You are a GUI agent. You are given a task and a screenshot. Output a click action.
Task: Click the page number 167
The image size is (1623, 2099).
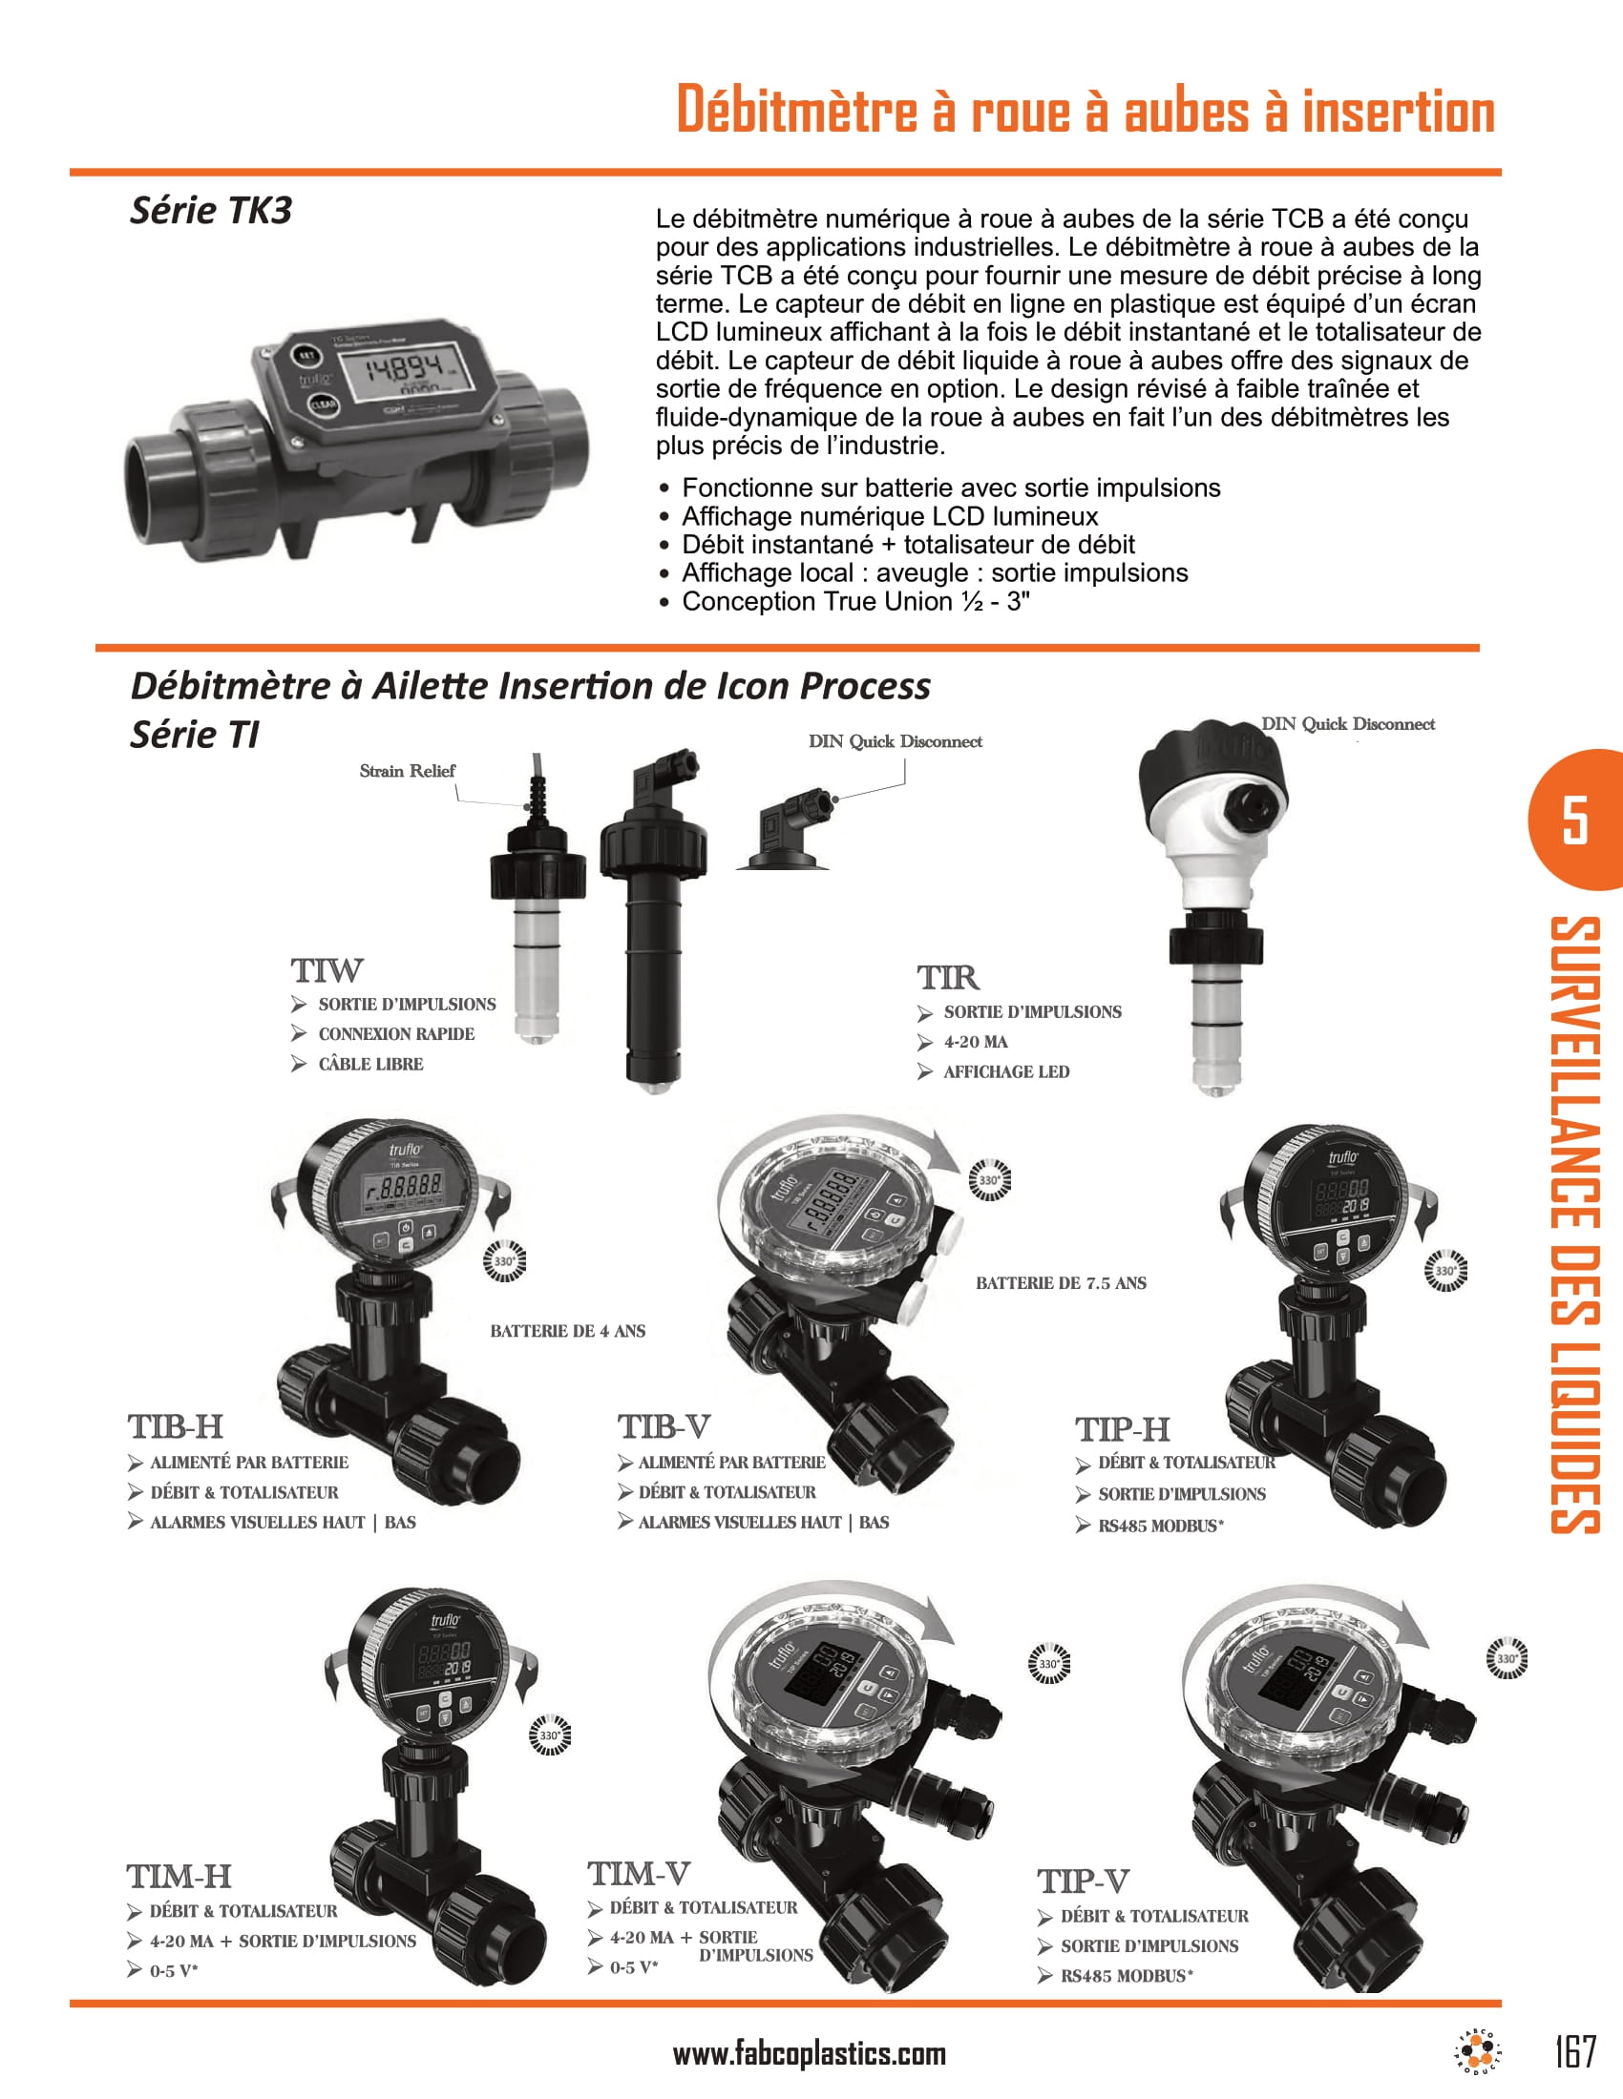(x=1575, y=2051)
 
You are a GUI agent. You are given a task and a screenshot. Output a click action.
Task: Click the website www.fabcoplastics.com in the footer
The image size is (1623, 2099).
(x=809, y=2054)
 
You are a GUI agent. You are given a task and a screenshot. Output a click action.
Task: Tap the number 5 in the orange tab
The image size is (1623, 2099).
(x=1574, y=820)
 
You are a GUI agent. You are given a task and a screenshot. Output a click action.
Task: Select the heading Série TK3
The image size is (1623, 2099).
(x=211, y=211)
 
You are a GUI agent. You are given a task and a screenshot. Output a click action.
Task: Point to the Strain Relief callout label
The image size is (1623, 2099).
(x=407, y=771)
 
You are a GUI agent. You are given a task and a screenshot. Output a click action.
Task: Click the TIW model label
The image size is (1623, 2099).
(x=327, y=970)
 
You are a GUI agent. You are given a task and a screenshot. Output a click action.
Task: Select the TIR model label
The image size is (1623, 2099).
(x=947, y=977)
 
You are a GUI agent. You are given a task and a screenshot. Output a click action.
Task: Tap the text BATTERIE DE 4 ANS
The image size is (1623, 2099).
(x=567, y=1331)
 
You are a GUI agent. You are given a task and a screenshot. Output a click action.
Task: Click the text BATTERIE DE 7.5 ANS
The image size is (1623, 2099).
(x=1061, y=1283)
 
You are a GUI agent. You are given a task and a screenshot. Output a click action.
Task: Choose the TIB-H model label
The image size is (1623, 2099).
(x=175, y=1427)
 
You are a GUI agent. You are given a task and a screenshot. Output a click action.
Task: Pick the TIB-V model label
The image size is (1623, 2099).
(x=664, y=1427)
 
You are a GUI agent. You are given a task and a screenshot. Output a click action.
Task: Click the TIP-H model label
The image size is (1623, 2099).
(x=1122, y=1430)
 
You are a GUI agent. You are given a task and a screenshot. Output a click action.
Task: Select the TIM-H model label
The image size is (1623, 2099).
(x=179, y=1877)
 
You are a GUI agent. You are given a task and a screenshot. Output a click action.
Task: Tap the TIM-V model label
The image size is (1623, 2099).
(x=639, y=1874)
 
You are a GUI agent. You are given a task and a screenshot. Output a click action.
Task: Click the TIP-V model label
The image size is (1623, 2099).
(x=1083, y=1881)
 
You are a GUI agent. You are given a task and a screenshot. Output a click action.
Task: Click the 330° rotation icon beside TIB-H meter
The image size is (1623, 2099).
(x=504, y=1261)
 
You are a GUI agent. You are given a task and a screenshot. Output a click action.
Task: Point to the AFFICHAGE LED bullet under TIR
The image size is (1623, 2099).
(x=1004, y=1071)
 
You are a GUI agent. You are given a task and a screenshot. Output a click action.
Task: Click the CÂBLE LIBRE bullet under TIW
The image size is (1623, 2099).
(x=370, y=1064)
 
